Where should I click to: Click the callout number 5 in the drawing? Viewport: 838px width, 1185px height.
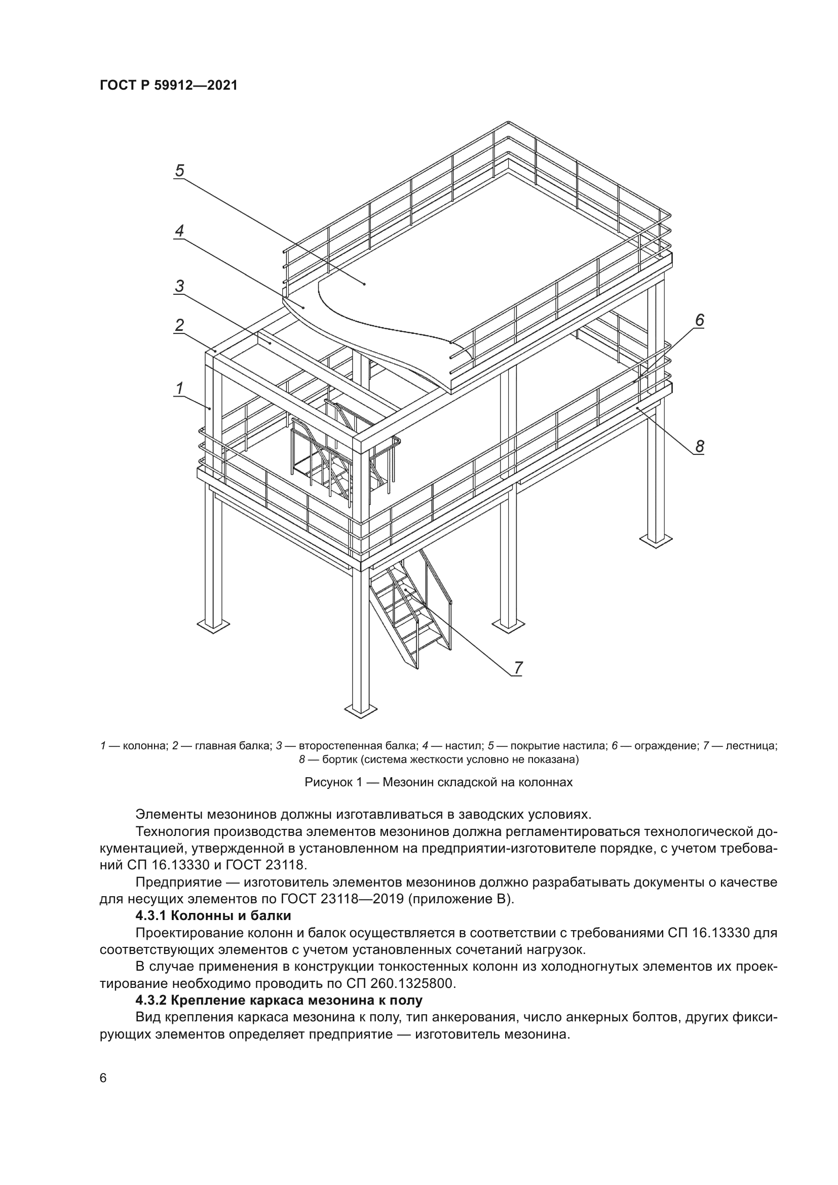point(179,170)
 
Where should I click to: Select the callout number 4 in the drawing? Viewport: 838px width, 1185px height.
point(179,231)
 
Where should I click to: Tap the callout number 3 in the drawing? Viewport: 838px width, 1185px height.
point(179,285)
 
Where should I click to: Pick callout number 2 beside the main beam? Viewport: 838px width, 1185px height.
point(179,325)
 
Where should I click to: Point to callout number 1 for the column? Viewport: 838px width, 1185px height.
point(179,388)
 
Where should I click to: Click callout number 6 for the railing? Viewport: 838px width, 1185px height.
point(699,320)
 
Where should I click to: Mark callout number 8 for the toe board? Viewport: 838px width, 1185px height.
point(699,446)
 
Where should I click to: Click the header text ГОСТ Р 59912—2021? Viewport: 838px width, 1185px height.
point(168,86)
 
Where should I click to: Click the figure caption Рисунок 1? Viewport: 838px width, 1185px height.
point(438,782)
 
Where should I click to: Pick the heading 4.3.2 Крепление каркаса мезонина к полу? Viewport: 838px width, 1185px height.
point(279,1000)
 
